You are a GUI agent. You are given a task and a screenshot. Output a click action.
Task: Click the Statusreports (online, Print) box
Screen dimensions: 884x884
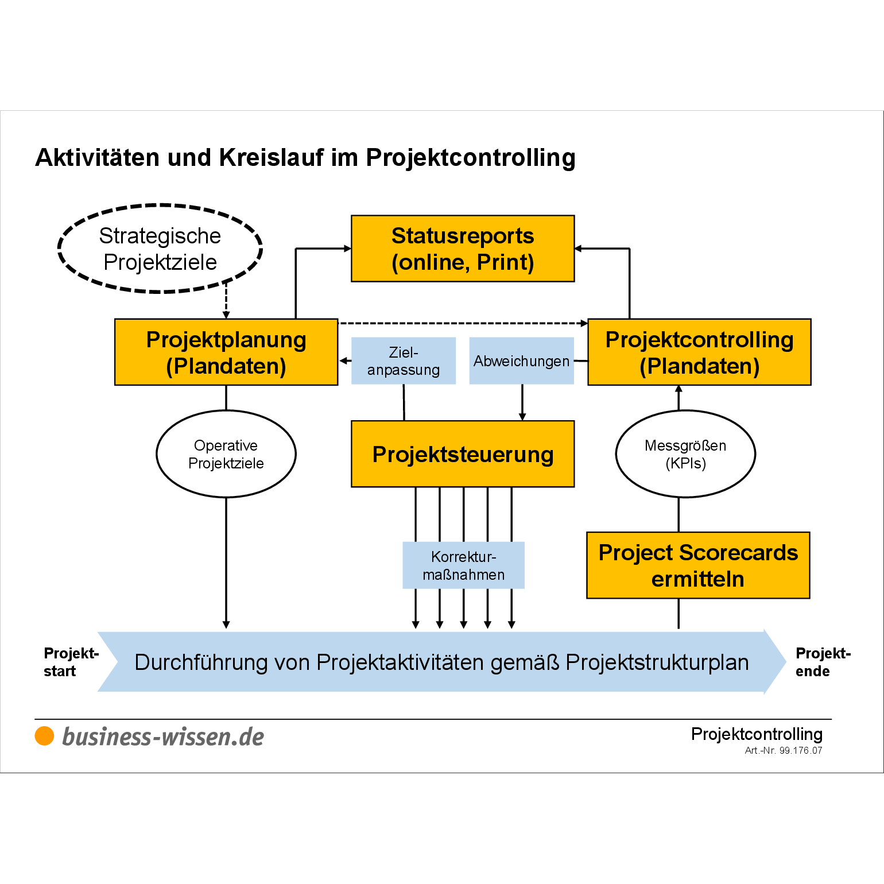click(463, 249)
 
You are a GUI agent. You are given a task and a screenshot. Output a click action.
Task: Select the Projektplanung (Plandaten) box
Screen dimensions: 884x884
click(226, 352)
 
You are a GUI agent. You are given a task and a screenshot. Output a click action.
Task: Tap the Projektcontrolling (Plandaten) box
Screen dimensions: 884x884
click(699, 352)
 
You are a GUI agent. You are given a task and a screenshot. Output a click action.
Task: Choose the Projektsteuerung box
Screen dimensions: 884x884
click(463, 454)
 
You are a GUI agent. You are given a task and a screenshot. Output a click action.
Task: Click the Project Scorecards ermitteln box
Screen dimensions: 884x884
click(698, 565)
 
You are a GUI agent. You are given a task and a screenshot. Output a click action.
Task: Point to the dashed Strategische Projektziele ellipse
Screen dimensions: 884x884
click(160, 206)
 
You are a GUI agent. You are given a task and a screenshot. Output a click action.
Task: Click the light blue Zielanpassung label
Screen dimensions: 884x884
click(404, 360)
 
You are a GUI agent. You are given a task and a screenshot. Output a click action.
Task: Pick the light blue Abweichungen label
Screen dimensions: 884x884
click(522, 360)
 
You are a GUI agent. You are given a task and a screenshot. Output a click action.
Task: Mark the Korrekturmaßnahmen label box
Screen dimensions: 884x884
click(463, 565)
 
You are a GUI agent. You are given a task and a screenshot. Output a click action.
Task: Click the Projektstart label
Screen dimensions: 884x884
click(71, 662)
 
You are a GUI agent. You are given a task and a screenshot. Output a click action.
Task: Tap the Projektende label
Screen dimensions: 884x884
click(823, 662)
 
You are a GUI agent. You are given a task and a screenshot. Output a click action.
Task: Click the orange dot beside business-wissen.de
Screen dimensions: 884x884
click(44, 736)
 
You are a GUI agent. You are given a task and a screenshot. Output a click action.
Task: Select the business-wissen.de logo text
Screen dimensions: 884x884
click(163, 737)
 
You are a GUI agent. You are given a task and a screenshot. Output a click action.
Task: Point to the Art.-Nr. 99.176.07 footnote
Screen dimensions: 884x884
click(784, 750)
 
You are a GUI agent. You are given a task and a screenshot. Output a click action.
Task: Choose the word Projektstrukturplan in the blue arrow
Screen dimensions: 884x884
click(657, 662)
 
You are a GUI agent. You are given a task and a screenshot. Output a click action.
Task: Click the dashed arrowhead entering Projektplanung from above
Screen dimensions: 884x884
click(226, 315)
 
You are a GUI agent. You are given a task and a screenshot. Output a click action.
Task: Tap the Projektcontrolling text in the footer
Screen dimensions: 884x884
click(757, 734)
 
